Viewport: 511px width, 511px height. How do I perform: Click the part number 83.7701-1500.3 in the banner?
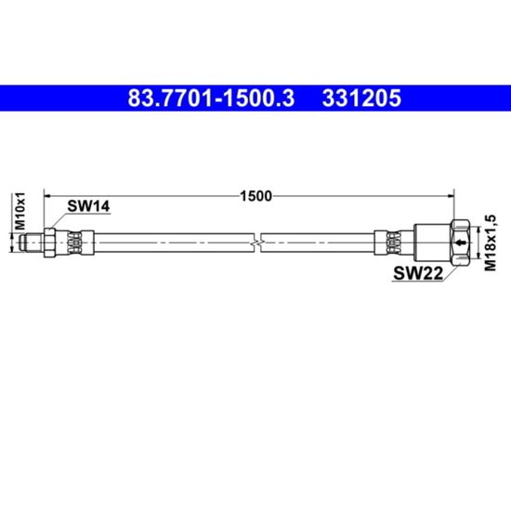point(211,98)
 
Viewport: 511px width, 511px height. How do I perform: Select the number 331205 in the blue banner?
point(361,98)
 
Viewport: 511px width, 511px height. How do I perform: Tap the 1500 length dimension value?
point(255,196)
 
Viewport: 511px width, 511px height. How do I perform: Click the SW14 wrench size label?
point(88,206)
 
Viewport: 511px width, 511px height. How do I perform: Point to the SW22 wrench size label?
point(418,273)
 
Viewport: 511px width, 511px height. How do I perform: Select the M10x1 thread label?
point(20,211)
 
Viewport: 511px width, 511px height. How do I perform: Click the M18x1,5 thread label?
point(491,242)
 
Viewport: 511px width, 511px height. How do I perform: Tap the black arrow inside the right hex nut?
point(460,242)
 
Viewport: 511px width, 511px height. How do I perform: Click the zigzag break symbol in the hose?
point(257,242)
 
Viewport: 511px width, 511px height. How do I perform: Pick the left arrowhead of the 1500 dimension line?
point(47,196)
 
